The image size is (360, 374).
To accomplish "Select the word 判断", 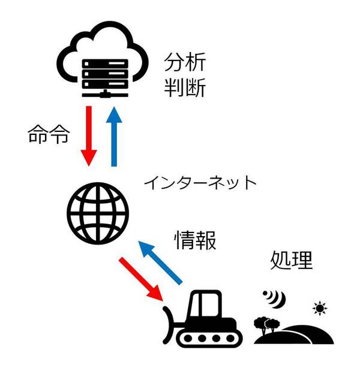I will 184,89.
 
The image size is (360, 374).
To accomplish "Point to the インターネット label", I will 200,182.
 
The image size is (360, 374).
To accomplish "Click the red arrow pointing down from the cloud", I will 89,135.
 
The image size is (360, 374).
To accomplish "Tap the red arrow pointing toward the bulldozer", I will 142,279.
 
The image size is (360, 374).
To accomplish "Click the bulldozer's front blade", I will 170,324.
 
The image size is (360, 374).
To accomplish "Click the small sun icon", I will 320,308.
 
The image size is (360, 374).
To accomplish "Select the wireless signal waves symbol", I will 275,298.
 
